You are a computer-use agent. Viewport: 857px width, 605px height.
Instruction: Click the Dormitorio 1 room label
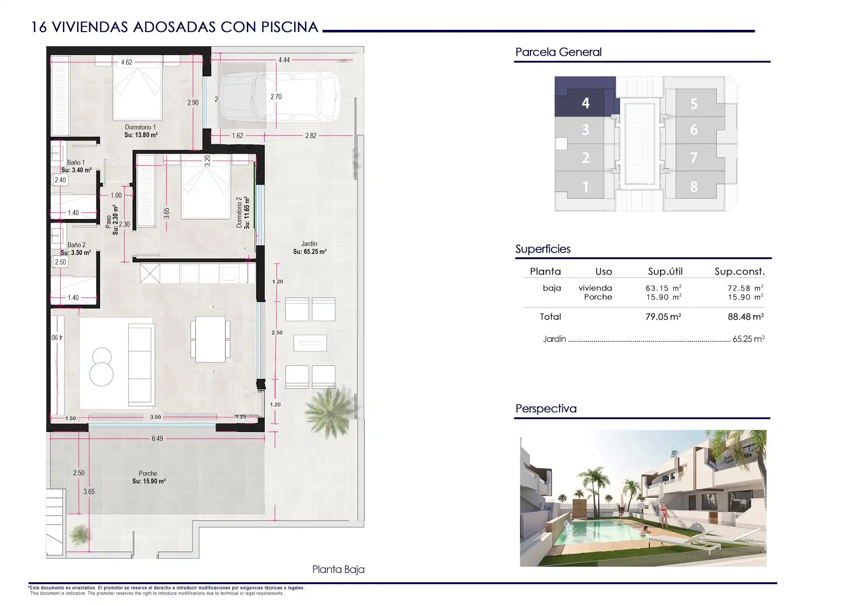point(140,127)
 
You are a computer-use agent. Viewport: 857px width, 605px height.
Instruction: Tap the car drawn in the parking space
point(280,98)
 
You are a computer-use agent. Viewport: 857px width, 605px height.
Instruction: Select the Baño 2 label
point(76,245)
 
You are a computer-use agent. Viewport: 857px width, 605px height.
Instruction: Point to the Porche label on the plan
point(148,473)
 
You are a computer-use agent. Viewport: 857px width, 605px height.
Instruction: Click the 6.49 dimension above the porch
point(157,439)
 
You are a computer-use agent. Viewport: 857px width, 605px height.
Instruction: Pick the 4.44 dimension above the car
point(284,60)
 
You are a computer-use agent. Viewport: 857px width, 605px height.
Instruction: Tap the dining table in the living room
point(210,339)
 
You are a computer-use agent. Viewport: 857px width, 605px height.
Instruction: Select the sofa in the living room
point(141,365)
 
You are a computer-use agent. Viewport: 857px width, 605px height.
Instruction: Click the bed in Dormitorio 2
point(206,187)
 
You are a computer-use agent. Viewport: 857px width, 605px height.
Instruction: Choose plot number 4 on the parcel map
point(586,103)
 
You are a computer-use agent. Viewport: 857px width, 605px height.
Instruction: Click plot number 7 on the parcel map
point(694,158)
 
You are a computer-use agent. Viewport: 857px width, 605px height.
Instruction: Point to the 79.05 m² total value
point(663,317)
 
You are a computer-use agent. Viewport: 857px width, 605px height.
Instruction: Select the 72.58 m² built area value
point(745,288)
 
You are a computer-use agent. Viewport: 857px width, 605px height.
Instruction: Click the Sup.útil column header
point(665,272)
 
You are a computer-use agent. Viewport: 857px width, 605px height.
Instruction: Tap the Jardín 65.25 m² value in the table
point(749,339)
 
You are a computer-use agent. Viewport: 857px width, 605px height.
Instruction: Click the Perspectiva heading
point(546,409)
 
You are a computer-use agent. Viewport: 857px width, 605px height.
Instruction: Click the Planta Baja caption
point(338,569)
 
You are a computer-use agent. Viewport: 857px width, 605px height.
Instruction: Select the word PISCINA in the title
point(290,27)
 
